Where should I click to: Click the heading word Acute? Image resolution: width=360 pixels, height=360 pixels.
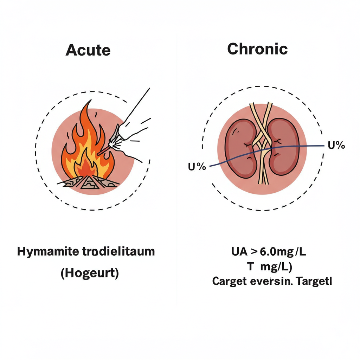coord(88,50)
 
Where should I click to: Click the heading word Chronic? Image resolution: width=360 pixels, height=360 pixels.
coord(257,49)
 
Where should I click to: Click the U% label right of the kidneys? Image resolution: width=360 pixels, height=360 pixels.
coord(336,145)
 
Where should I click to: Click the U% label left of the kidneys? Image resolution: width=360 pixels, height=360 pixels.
coord(197,167)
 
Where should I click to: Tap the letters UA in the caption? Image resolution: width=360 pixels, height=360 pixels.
coord(239,252)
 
